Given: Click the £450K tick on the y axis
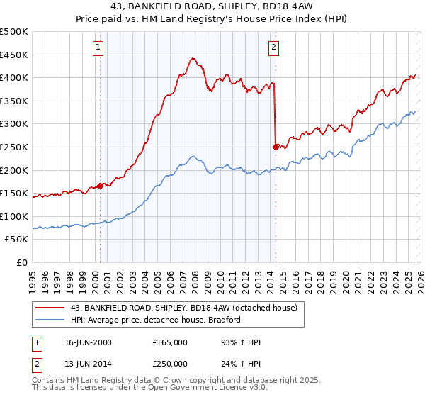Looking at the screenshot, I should pos(15,55).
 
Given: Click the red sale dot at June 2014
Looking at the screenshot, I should pos(276,147).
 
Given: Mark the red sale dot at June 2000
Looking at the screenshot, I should pos(101,186).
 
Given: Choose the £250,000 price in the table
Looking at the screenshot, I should pos(169,364).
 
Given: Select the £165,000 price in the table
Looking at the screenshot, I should pos(169,342).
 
